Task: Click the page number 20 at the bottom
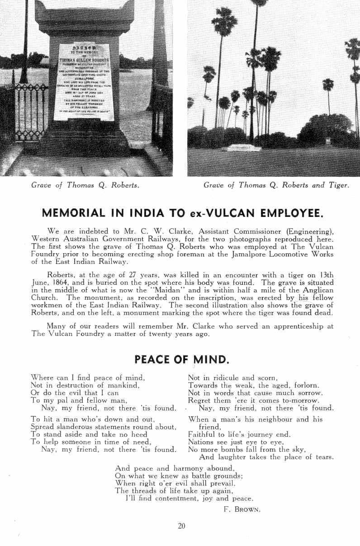click(182, 526)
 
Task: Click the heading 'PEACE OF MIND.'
click(180, 359)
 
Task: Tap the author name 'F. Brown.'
click(242, 509)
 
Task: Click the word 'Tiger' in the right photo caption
click(338, 185)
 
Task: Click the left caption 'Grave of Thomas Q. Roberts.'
click(85, 185)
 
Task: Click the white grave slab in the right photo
click(244, 147)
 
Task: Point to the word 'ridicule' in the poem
click(221, 377)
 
